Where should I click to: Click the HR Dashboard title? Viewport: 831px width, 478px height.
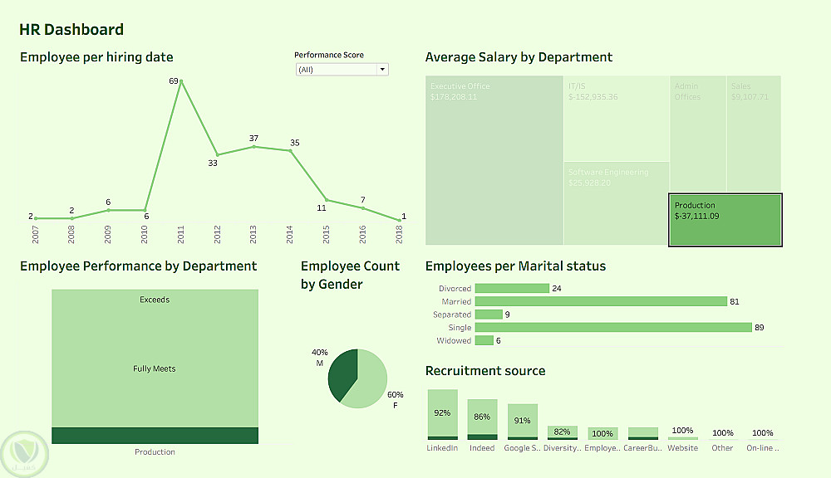71,30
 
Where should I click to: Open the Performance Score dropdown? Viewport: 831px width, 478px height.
342,70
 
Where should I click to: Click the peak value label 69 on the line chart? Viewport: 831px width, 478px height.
174,80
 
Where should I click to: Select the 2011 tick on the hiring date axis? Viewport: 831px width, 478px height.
181,235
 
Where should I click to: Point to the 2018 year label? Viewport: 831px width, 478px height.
401,235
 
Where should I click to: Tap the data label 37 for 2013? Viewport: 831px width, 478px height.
253,138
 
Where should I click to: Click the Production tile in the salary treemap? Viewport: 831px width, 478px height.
725,219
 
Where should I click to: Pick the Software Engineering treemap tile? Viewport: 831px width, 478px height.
616,202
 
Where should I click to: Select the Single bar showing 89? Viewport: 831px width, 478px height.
613,328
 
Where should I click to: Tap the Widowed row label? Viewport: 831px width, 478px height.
453,341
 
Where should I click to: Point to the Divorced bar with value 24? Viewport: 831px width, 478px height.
512,288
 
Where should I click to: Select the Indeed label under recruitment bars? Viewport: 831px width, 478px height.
482,448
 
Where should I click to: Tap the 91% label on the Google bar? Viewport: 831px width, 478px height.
523,421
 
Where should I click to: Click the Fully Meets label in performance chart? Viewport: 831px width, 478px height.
155,368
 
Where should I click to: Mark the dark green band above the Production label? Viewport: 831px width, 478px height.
155,436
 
